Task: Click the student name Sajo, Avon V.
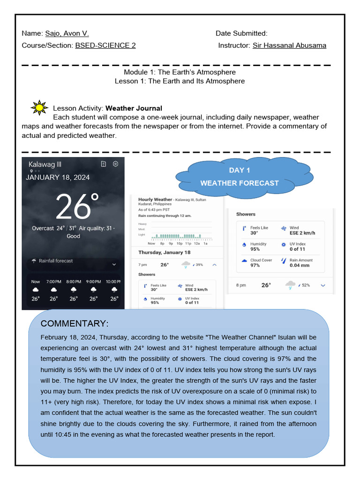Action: click(x=67, y=33)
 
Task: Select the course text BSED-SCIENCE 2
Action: click(x=105, y=45)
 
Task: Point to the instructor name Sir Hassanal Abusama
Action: click(x=289, y=45)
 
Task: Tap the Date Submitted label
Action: click(x=241, y=33)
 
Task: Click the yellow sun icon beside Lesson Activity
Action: click(x=39, y=108)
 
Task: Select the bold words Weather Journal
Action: click(x=134, y=108)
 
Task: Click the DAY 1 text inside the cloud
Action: click(x=240, y=170)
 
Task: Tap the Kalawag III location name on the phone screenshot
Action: click(x=45, y=164)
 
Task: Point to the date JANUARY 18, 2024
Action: click(x=58, y=177)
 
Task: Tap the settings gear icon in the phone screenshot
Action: click(x=115, y=164)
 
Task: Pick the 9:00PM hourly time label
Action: click(x=94, y=282)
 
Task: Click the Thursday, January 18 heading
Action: click(x=165, y=252)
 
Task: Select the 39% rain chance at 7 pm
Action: click(x=199, y=265)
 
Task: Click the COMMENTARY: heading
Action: click(x=75, y=324)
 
